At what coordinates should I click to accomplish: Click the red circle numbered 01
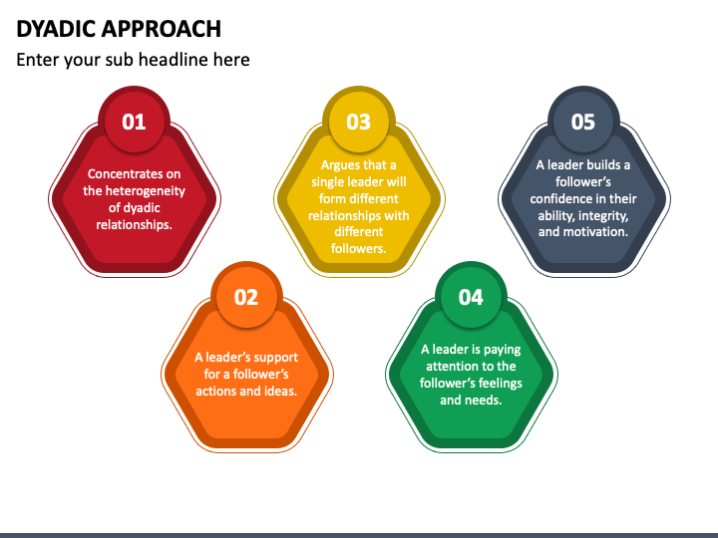pyautogui.click(x=134, y=123)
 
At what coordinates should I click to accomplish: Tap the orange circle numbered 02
pyautogui.click(x=245, y=297)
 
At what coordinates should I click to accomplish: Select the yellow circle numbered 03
pyautogui.click(x=358, y=123)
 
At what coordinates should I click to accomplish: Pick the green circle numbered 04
pyautogui.click(x=471, y=297)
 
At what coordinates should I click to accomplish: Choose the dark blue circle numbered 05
pyautogui.click(x=582, y=123)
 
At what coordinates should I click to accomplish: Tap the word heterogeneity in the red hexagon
pyautogui.click(x=146, y=190)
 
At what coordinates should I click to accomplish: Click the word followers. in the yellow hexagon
pyautogui.click(x=358, y=249)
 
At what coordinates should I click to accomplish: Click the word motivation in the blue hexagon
pyautogui.click(x=596, y=232)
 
